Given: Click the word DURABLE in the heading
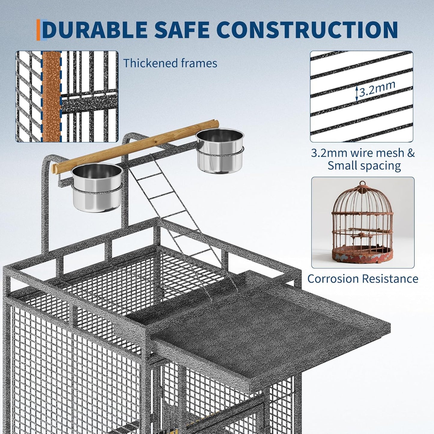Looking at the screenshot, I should pyautogui.click(x=96, y=29).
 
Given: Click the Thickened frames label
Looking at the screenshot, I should pyautogui.click(x=170, y=63).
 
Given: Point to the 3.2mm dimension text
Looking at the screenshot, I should pyautogui.click(x=377, y=89).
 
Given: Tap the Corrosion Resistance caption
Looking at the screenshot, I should pyautogui.click(x=363, y=279).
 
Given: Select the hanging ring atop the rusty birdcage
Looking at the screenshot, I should pyautogui.click(x=363, y=184).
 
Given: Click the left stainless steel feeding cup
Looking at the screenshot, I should pyautogui.click(x=97, y=188).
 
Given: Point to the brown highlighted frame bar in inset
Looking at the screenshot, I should pyautogui.click(x=51, y=96).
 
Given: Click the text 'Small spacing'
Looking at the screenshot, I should pyautogui.click(x=364, y=166).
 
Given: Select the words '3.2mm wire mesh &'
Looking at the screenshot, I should pyautogui.click(x=363, y=153).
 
